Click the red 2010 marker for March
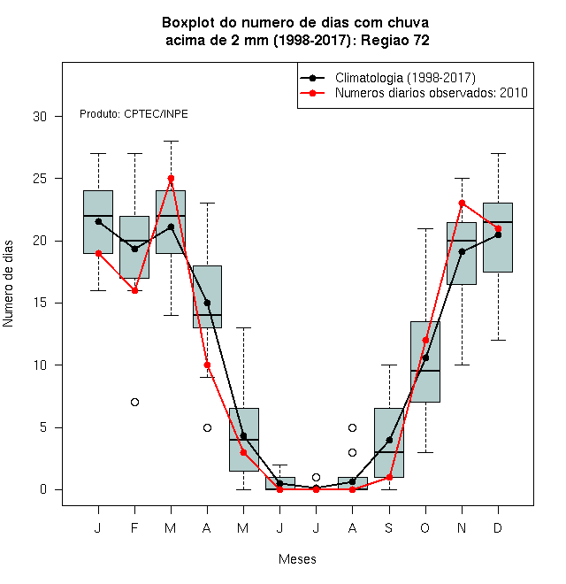(x=171, y=179)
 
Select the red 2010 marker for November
(x=463, y=203)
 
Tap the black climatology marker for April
(x=208, y=303)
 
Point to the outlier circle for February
(x=134, y=403)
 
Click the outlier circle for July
(x=316, y=477)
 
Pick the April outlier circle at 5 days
(x=208, y=427)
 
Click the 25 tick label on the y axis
(x=40, y=179)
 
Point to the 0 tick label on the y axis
(x=43, y=489)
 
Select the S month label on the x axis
(x=389, y=527)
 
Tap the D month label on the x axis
(x=498, y=527)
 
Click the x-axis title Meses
(x=297, y=559)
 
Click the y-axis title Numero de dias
(x=8, y=284)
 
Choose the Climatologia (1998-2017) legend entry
(x=388, y=78)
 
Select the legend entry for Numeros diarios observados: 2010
(x=414, y=93)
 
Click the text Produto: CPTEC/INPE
(x=134, y=114)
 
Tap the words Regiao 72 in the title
(x=395, y=40)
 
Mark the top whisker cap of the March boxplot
(x=171, y=142)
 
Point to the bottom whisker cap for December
(x=498, y=340)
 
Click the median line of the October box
(x=425, y=371)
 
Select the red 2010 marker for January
(x=99, y=253)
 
